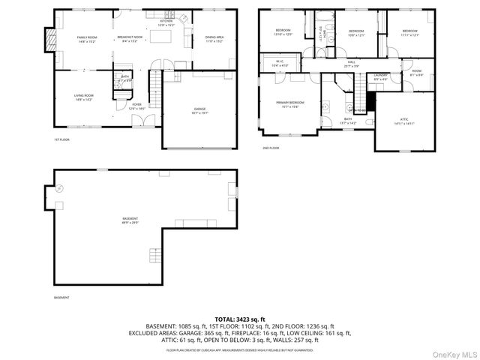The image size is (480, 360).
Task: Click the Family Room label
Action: tap(87, 38)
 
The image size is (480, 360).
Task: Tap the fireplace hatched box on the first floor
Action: tap(50, 38)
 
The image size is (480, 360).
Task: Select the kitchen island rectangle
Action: tap(158, 37)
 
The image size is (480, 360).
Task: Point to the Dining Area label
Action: tap(215, 38)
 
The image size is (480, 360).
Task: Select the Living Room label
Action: tap(83, 97)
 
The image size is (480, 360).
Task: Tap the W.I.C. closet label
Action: tap(279, 63)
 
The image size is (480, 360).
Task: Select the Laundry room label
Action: tap(381, 76)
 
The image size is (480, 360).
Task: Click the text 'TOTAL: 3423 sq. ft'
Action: tap(239, 320)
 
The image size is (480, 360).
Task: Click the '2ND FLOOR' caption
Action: tap(271, 148)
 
